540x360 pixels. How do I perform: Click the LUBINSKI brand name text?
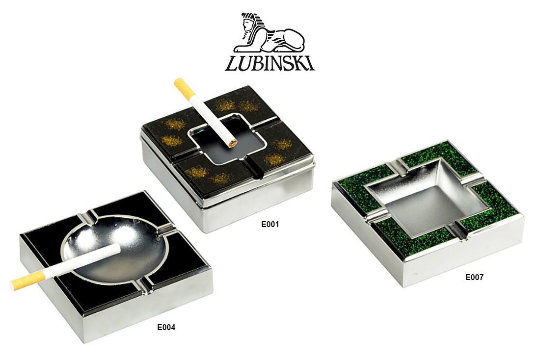coord(270,64)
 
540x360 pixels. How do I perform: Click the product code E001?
coord(270,225)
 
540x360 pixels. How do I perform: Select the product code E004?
coord(166,327)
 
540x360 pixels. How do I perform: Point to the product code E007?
coord(474,277)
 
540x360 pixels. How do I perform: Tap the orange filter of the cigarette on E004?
coord(22,283)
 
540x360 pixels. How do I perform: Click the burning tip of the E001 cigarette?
coord(233,143)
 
